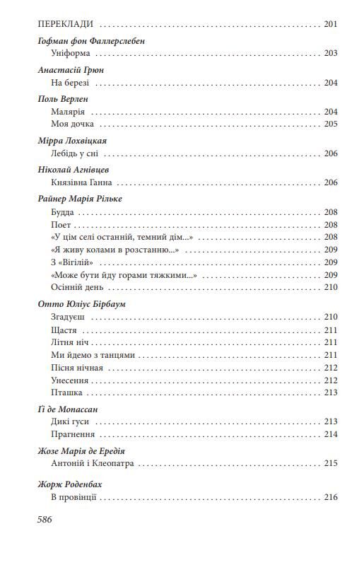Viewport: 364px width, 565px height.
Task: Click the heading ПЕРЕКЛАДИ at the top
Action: click(x=66, y=24)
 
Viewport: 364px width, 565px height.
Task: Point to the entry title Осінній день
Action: click(x=80, y=287)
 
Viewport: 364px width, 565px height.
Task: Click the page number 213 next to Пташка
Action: click(x=331, y=392)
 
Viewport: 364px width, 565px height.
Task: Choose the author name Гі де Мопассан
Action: click(x=66, y=409)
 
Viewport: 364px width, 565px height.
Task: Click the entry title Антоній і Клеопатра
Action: click(x=93, y=464)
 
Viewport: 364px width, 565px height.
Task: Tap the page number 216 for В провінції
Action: click(x=331, y=497)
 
